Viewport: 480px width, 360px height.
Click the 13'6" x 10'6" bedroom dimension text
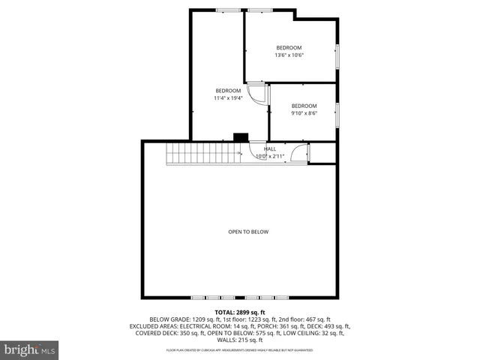[x=289, y=55]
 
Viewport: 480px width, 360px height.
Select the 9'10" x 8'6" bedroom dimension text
[x=304, y=113]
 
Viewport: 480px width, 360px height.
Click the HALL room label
[x=269, y=148]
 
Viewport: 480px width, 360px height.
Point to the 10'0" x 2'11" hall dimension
[x=269, y=157]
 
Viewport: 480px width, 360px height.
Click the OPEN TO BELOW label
[x=248, y=232]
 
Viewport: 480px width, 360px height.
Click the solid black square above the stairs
[x=241, y=137]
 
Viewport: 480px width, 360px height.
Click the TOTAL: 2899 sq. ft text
[x=240, y=312]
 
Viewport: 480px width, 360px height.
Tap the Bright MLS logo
[x=29, y=349]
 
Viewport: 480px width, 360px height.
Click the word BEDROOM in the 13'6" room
[x=289, y=47]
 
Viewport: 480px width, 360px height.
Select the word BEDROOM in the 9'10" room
[x=304, y=106]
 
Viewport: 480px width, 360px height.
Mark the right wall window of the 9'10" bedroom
[x=337, y=112]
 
